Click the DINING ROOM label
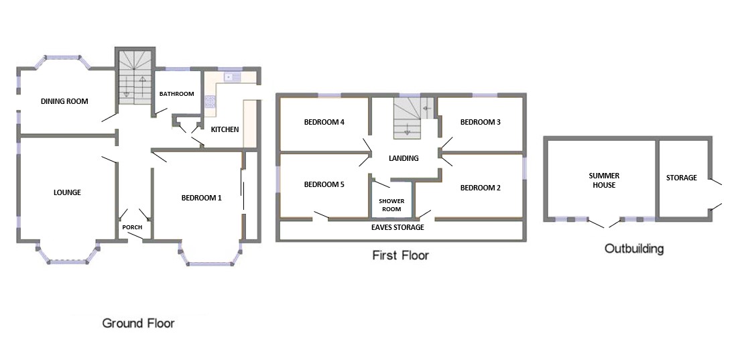coord(64,101)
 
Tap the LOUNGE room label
coord(67,192)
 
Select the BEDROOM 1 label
coord(202,198)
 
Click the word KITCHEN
coord(225,129)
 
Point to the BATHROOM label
coord(176,94)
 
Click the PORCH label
coord(132,227)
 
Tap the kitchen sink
coord(232,77)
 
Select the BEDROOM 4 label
coord(324,123)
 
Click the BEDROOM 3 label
coord(480,123)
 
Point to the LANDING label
coord(404,158)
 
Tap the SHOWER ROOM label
coord(391,205)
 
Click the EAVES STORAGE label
coord(397,227)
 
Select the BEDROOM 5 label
coord(324,185)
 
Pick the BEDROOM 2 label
coord(480,188)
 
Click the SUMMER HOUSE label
coord(604,180)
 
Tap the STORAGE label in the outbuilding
coord(682,178)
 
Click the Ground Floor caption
coord(138,323)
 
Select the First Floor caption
coord(401,255)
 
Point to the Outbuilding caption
coord(634,249)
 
